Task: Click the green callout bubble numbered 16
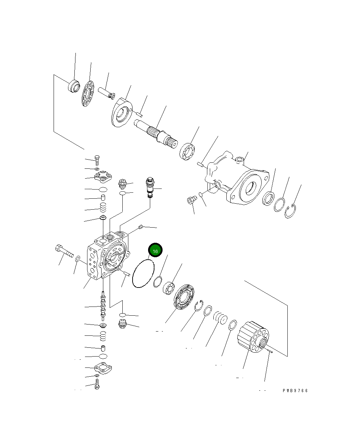pos(155,250)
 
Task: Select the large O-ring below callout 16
pos(143,274)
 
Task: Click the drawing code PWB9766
pos(295,391)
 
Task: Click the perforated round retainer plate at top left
pos(88,93)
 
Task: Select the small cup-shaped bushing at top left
pos(74,86)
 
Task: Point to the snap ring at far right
pos(291,211)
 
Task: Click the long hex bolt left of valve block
pos(64,251)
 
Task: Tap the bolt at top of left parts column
pos(97,160)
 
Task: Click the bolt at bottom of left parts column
pos(97,385)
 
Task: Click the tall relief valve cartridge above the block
pos(150,187)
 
